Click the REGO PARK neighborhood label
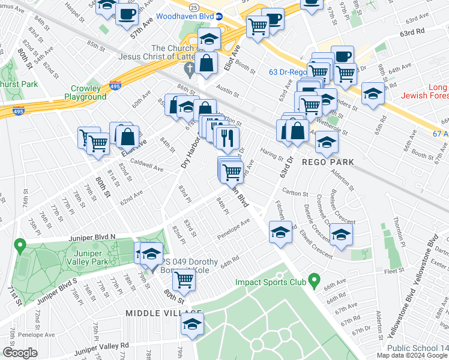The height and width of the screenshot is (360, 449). click(322, 162)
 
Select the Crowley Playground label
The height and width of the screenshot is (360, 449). click(85, 92)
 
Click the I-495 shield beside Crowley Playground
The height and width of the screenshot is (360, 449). click(115, 86)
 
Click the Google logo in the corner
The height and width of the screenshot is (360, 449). click(20, 353)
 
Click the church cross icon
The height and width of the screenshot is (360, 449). click(188, 68)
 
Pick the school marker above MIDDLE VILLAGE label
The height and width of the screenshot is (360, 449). click(192, 325)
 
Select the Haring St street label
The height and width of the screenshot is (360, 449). click(271, 155)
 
